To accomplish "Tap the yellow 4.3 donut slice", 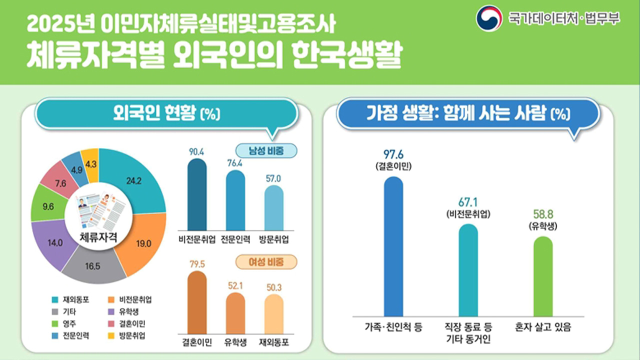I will coord(91,160).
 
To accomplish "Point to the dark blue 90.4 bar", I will coord(196,195).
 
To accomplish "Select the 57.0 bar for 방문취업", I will coord(273,207).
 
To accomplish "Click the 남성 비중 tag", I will coord(266,150).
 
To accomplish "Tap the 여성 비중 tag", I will coord(266,262).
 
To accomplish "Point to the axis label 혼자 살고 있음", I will coord(543,328).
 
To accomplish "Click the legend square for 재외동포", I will coord(55,300).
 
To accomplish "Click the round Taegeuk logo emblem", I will coord(488,18).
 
